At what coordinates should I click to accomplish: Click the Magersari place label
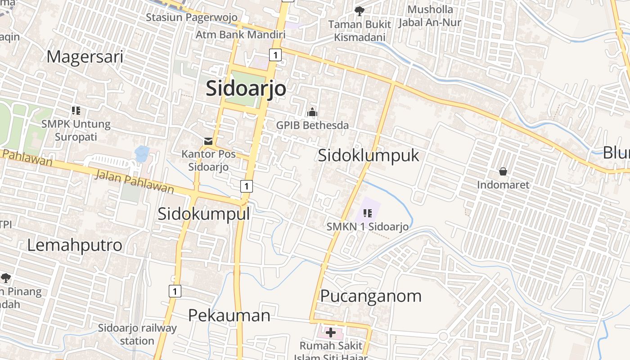[85, 57]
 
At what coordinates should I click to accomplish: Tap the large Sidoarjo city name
[246, 88]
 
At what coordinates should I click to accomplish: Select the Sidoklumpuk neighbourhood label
[369, 155]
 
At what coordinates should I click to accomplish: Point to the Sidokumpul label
[203, 214]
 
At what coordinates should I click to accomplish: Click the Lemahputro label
[75, 245]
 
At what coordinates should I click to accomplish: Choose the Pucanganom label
[371, 296]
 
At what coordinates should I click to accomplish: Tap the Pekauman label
[229, 315]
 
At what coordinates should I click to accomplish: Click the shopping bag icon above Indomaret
[503, 171]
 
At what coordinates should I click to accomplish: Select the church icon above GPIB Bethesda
[312, 112]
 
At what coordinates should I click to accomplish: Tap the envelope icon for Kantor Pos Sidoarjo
[208, 141]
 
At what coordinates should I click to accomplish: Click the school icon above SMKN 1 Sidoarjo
[367, 213]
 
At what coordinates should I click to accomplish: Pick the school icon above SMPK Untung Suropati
[76, 110]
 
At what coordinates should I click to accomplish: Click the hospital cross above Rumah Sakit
[331, 333]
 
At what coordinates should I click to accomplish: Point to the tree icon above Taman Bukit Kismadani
[359, 11]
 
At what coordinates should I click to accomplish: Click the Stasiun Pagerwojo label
[191, 18]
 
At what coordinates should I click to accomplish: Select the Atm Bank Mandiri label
[240, 35]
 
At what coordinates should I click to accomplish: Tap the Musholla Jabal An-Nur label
[430, 16]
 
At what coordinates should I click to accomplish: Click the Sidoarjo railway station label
[137, 334]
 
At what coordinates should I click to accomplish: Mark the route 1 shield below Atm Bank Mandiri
[275, 55]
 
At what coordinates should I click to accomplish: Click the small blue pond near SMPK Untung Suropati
[142, 153]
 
